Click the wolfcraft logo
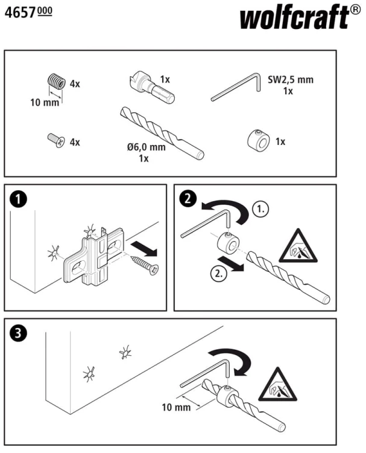(300, 18)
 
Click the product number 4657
(20, 13)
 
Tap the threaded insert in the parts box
(56, 81)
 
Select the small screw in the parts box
(56, 140)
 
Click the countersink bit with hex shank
(151, 86)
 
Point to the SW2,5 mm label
(291, 80)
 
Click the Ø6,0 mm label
(147, 147)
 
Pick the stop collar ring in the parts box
(259, 141)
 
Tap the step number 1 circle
(18, 199)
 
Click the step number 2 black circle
(188, 199)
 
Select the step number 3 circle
(18, 333)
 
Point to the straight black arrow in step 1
(144, 249)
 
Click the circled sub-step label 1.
(260, 208)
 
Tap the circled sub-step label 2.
(219, 273)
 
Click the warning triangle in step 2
(298, 247)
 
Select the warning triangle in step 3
(277, 385)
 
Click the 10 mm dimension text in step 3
(176, 407)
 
